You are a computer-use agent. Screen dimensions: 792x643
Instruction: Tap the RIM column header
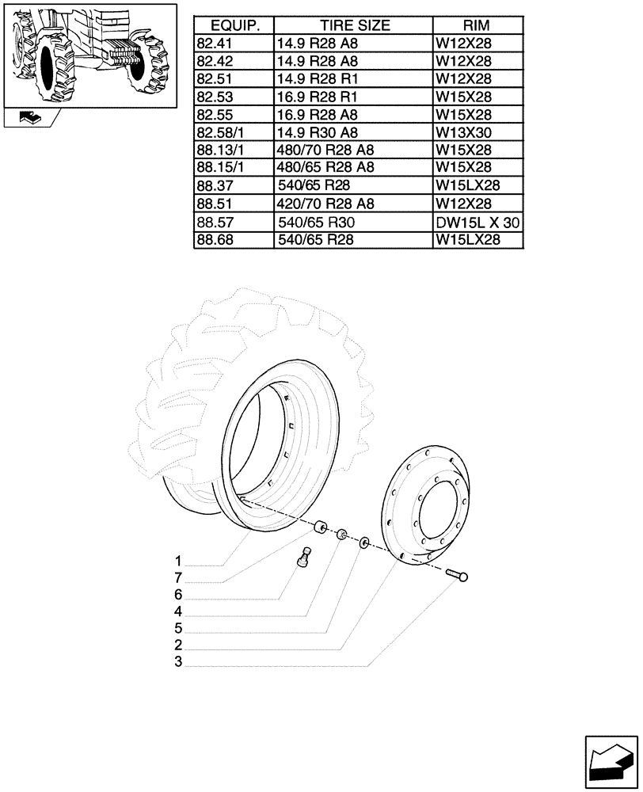(477, 25)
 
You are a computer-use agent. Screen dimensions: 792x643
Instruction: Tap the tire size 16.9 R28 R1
(317, 97)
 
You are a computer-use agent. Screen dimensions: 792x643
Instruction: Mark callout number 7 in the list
(179, 577)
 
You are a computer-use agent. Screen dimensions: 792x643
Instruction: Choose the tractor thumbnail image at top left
(89, 54)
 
